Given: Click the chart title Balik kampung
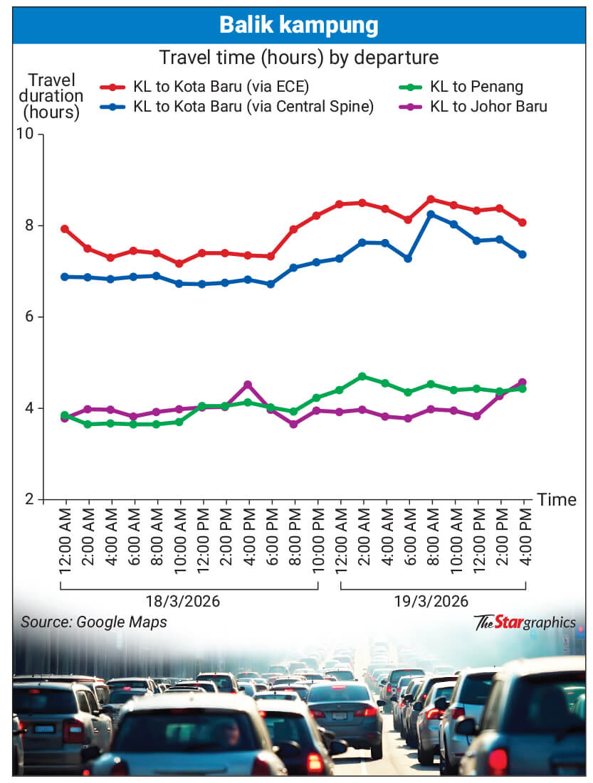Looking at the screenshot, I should pyautogui.click(x=298, y=26).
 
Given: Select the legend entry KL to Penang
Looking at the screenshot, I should pyautogui.click(x=476, y=87).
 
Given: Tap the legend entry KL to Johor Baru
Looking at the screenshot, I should pyautogui.click(x=488, y=107).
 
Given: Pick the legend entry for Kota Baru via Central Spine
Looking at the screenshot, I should pyautogui.click(x=253, y=107).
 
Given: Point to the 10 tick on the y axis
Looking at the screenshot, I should pyautogui.click(x=28, y=134).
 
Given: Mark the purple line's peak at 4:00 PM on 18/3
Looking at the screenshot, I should pyautogui.click(x=248, y=385).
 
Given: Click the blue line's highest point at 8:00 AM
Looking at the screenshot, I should pyautogui.click(x=431, y=213).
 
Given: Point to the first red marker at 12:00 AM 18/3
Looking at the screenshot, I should pyautogui.click(x=65, y=229).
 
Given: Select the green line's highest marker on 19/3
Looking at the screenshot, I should pyautogui.click(x=362, y=375).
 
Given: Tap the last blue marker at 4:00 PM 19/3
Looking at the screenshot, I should pyautogui.click(x=523, y=254).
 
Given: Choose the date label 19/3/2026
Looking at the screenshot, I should pyautogui.click(x=433, y=601).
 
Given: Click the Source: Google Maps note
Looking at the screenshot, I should pyautogui.click(x=94, y=622).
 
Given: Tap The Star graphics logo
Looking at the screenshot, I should pyautogui.click(x=525, y=622).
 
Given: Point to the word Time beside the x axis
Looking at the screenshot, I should pyautogui.click(x=557, y=499).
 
